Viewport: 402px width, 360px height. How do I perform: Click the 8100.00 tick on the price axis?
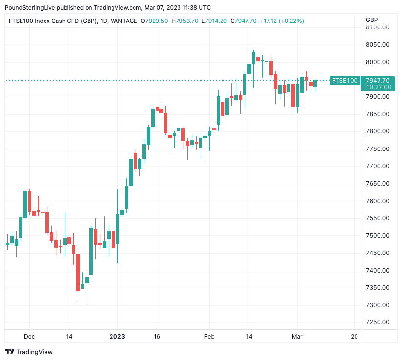pos(377,27)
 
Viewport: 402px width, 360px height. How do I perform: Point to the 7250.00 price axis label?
pos(377,322)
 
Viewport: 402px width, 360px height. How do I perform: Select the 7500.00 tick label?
pos(377,236)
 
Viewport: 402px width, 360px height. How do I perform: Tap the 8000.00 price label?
pos(377,62)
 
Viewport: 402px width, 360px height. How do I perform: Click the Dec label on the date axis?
pos(29,337)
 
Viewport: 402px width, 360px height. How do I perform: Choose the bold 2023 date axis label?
pos(117,337)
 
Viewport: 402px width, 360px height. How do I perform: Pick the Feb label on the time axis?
pos(209,337)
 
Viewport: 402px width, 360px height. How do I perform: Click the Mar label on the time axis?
pos(297,337)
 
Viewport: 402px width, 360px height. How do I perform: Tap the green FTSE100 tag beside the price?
pos(344,81)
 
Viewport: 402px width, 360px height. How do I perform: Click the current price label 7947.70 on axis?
pos(378,81)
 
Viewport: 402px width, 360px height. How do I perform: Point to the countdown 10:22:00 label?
pos(378,87)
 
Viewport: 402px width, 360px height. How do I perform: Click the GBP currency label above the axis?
pos(372,20)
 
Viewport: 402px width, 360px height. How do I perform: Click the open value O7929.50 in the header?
pos(155,21)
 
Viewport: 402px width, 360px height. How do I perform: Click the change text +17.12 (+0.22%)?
pos(282,21)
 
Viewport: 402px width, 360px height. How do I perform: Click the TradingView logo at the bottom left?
pos(29,352)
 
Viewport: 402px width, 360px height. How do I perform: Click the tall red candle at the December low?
pos(78,272)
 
